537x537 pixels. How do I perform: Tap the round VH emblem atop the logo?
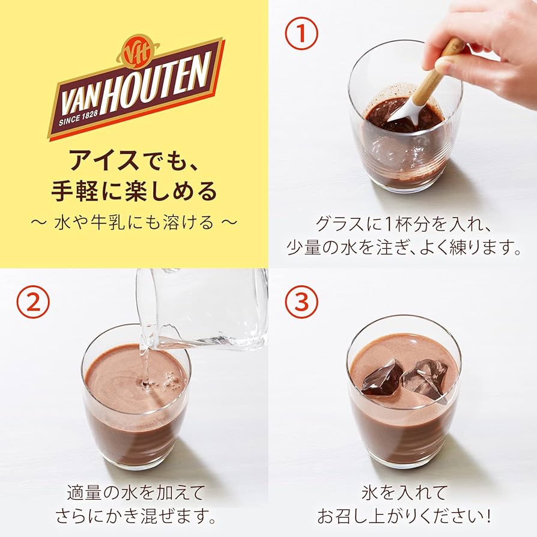pyautogui.click(x=133, y=52)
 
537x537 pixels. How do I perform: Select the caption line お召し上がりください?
pyautogui.click(x=404, y=516)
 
